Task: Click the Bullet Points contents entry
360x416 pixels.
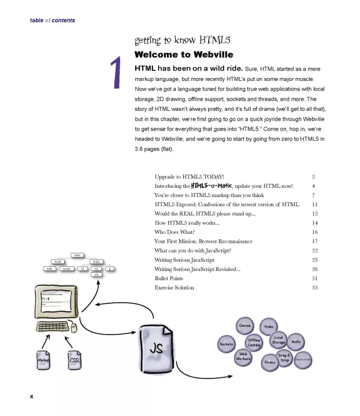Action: click(x=169, y=278)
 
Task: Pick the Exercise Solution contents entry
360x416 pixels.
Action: click(x=174, y=287)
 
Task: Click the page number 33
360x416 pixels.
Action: click(x=314, y=287)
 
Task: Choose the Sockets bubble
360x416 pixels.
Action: click(x=226, y=344)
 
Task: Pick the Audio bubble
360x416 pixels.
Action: click(x=296, y=341)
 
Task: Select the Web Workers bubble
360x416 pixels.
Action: click(x=243, y=356)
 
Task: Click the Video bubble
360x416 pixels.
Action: click(x=269, y=326)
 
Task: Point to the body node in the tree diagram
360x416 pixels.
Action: click(x=97, y=262)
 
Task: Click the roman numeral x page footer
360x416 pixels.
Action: click(x=32, y=396)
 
